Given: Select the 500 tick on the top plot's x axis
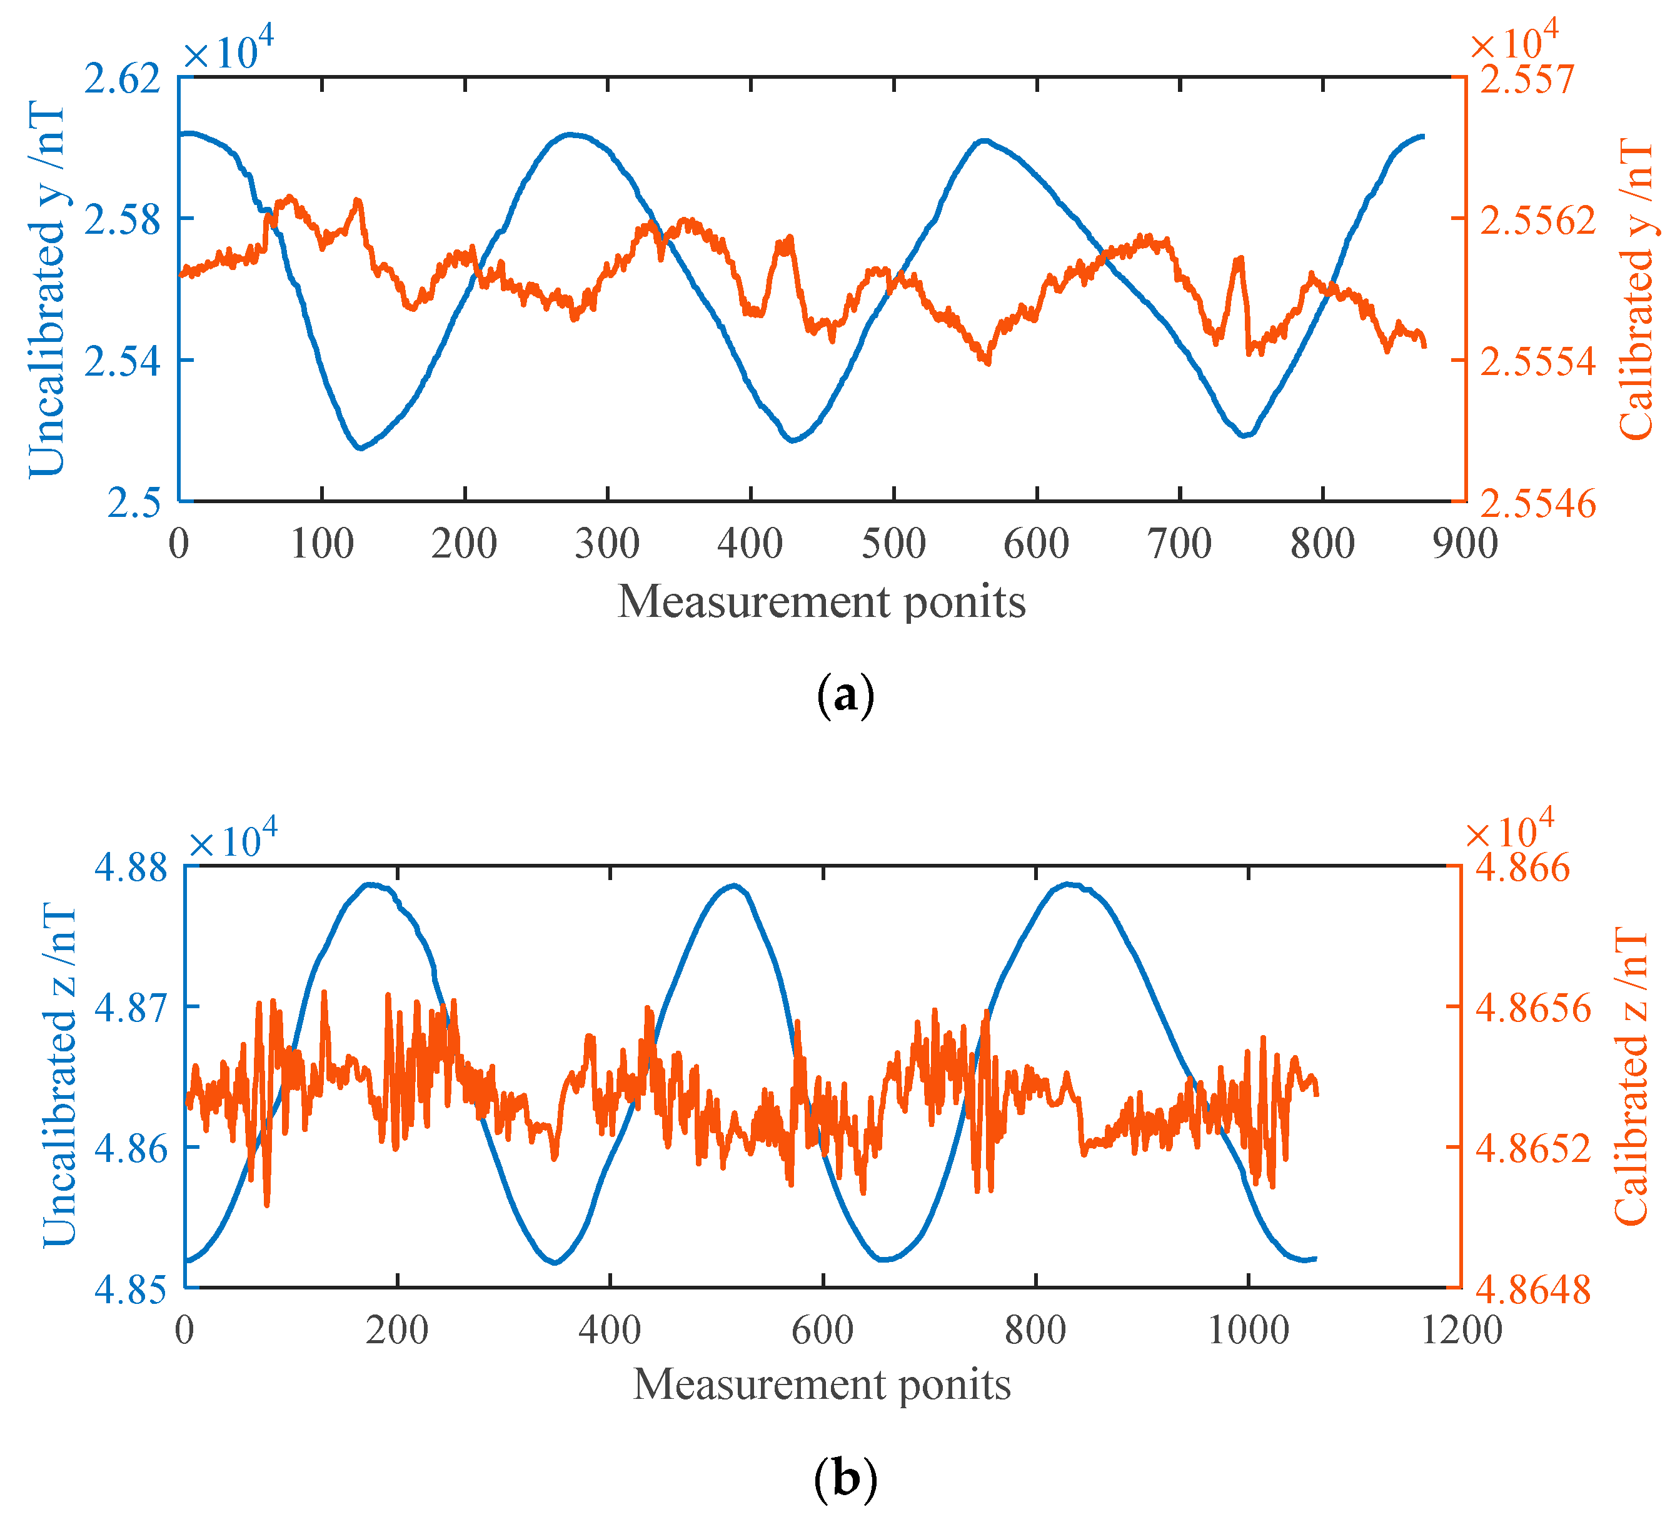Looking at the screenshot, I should point(893,545).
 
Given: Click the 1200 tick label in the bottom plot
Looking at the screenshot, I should point(1462,1330).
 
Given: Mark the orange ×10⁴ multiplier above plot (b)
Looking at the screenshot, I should point(1509,831).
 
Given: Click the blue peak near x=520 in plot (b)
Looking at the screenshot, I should point(733,886).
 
